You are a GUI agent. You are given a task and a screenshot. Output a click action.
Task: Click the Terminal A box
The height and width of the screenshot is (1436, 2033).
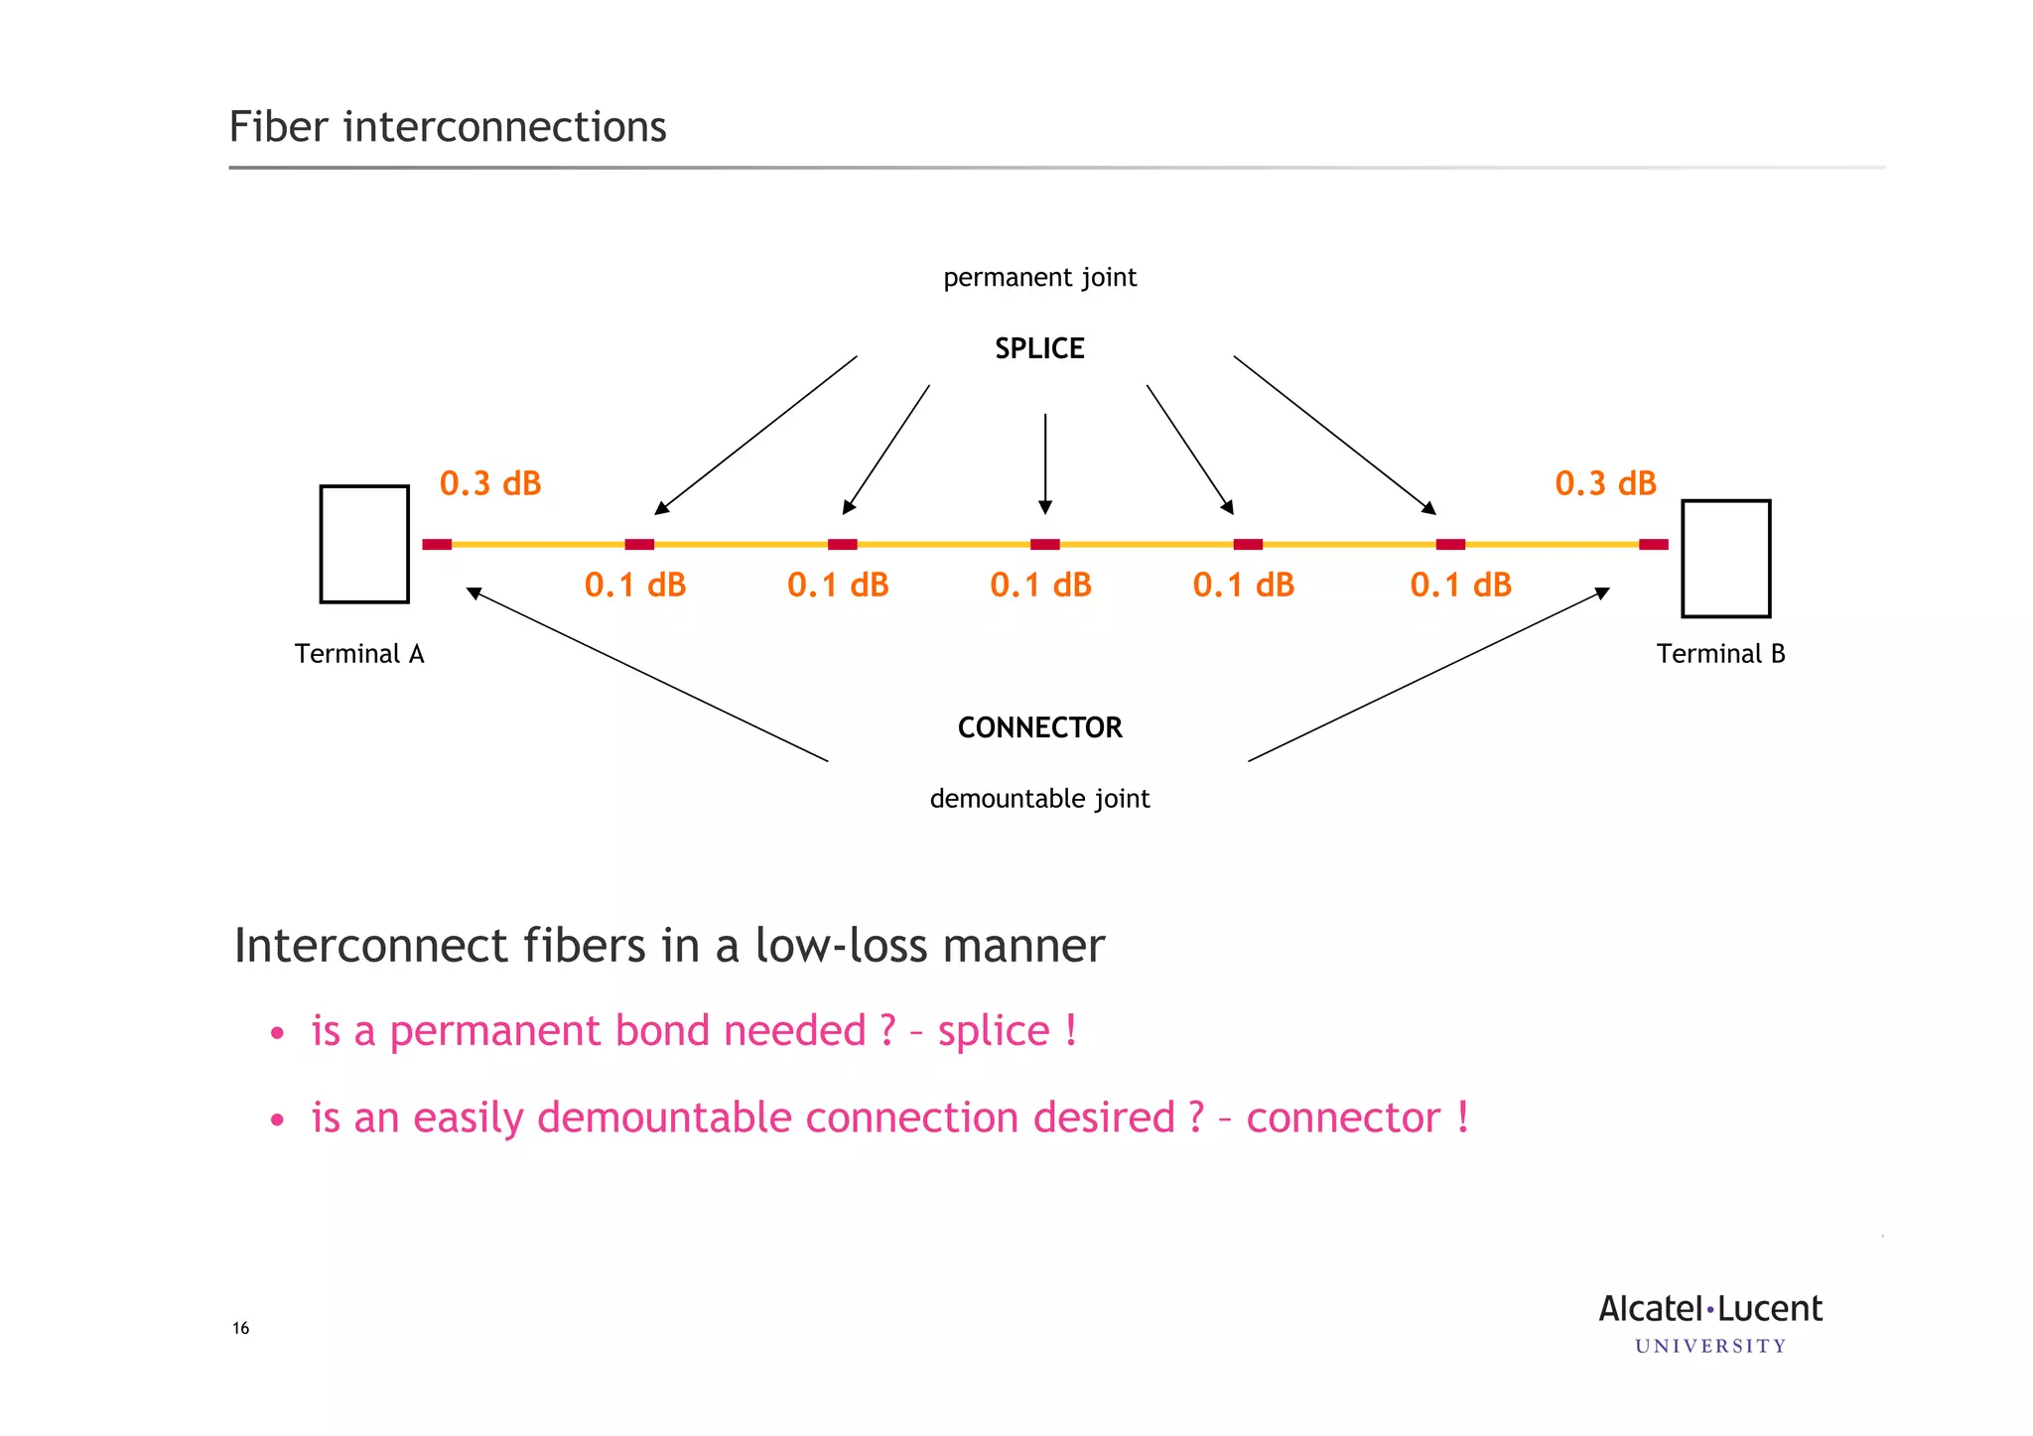(x=364, y=544)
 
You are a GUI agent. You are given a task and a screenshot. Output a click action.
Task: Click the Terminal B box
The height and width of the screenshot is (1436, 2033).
(x=1725, y=559)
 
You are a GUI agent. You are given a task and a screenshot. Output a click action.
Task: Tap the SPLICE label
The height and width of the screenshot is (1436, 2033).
(x=1039, y=348)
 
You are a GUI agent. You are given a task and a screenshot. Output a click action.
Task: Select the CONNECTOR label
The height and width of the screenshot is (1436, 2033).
(x=1039, y=727)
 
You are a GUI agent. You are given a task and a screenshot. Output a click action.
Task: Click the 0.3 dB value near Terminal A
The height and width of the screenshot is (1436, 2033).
(x=490, y=483)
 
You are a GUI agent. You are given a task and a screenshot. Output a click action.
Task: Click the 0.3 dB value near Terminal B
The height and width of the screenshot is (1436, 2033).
(x=1605, y=483)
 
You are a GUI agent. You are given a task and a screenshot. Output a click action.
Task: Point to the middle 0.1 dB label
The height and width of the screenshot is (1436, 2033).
(x=1040, y=585)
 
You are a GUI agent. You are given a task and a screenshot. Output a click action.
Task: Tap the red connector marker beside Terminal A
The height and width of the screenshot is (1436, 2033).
(x=437, y=544)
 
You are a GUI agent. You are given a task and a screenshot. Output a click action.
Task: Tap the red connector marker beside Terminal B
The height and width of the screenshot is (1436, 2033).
(x=1653, y=544)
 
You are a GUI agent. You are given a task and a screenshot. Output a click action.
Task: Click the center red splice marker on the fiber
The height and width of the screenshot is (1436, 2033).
(x=1044, y=544)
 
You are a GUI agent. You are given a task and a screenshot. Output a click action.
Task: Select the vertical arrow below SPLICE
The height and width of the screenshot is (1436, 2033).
(x=1044, y=461)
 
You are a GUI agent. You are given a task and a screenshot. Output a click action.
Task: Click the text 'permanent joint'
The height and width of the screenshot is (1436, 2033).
(x=1039, y=277)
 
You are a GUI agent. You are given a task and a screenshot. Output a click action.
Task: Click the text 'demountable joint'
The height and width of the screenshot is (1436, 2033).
(x=1039, y=798)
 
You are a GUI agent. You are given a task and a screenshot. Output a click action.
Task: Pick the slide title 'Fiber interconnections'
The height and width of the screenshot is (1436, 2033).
(x=448, y=127)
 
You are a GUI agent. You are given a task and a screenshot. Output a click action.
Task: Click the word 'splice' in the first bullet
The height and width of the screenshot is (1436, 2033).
(x=994, y=1031)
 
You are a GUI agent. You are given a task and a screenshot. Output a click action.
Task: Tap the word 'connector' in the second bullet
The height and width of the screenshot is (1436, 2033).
(x=1342, y=1118)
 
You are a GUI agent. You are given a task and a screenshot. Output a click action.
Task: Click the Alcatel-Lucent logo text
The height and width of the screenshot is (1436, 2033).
(x=1709, y=1309)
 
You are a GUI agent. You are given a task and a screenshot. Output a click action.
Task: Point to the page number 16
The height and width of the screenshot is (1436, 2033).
(x=241, y=1328)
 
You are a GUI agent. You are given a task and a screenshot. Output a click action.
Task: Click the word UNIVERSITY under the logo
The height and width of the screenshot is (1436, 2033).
(x=1709, y=1347)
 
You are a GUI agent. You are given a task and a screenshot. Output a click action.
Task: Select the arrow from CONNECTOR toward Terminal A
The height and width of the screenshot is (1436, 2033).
(x=645, y=675)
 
